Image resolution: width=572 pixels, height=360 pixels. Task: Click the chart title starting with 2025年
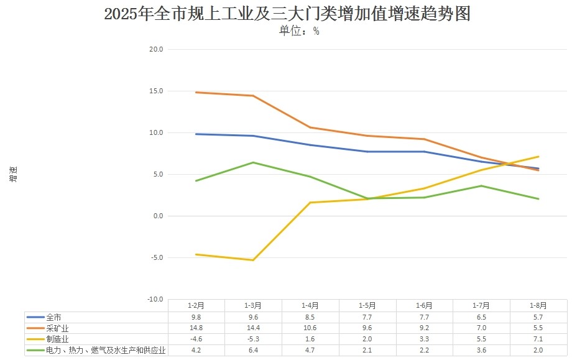pyautogui.click(x=287, y=14)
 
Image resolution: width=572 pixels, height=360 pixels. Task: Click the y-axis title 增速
pyautogui.click(x=14, y=174)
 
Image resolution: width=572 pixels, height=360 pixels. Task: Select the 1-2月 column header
pyautogui.click(x=196, y=305)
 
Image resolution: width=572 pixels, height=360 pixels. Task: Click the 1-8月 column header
pyautogui.click(x=538, y=305)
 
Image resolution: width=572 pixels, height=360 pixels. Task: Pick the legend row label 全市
pyautogui.click(x=54, y=316)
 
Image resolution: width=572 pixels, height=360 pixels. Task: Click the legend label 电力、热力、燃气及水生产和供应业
pyautogui.click(x=106, y=350)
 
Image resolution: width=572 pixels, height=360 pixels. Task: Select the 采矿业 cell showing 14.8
pyautogui.click(x=196, y=328)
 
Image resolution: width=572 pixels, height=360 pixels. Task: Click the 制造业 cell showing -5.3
pyautogui.click(x=253, y=339)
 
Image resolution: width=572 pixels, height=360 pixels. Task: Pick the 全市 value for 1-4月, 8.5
pyautogui.click(x=310, y=316)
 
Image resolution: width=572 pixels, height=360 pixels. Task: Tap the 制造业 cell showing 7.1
pyautogui.click(x=538, y=339)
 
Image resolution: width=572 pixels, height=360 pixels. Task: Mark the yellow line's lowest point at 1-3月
pyautogui.click(x=253, y=260)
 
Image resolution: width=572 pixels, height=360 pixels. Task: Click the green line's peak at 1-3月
pyautogui.click(x=253, y=162)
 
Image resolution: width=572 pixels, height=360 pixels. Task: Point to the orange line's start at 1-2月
pyautogui.click(x=196, y=92)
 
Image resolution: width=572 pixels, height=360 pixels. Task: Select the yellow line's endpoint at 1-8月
pyautogui.click(x=538, y=157)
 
